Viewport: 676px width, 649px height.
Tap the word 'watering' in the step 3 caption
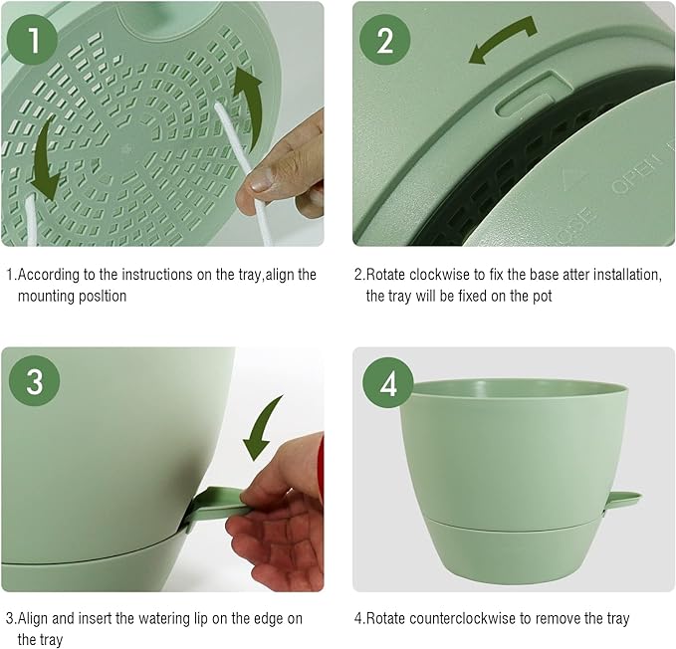(166, 618)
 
